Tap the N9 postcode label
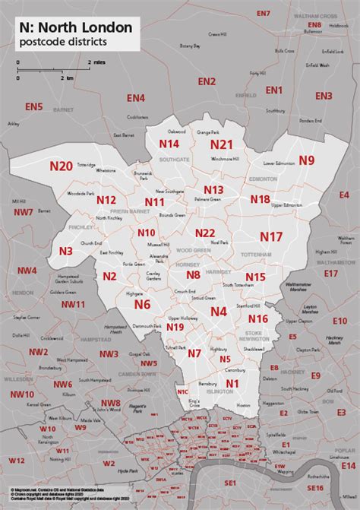point(306,160)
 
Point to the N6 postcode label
point(142,304)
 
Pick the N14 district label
point(169,144)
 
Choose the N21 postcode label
point(221,144)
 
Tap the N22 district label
point(205,233)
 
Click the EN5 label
point(33,107)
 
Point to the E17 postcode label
point(330,273)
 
